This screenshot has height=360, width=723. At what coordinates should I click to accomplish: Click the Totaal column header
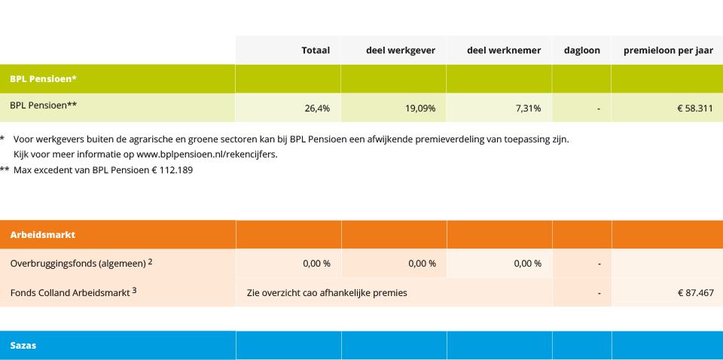315,50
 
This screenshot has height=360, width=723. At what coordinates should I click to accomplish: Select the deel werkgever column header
400,50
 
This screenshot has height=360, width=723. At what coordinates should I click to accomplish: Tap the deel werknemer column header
503,50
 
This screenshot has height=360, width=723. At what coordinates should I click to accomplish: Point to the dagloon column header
581,50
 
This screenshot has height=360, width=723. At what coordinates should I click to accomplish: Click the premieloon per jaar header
667,50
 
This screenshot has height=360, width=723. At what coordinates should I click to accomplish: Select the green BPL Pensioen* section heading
43,78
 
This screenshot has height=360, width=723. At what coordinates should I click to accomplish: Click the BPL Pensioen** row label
43,105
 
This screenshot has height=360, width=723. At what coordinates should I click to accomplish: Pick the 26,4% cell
316,108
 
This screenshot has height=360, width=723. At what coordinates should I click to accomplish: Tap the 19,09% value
419,108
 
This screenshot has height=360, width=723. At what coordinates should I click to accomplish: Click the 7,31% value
528,108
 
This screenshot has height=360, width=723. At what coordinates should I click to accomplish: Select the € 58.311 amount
694,108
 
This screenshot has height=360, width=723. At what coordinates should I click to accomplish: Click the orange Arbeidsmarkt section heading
42,234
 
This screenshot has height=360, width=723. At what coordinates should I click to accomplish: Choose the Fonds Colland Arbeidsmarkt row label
72,292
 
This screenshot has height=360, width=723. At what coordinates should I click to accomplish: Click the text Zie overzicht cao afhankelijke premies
327,292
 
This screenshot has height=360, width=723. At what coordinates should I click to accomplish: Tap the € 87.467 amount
694,292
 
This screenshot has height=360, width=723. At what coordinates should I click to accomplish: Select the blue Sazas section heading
23,345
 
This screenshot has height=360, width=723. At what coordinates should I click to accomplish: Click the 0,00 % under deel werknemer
527,264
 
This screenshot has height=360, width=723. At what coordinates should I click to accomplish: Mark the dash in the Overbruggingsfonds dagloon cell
598,264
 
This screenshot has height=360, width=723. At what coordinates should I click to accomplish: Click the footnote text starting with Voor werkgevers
291,139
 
